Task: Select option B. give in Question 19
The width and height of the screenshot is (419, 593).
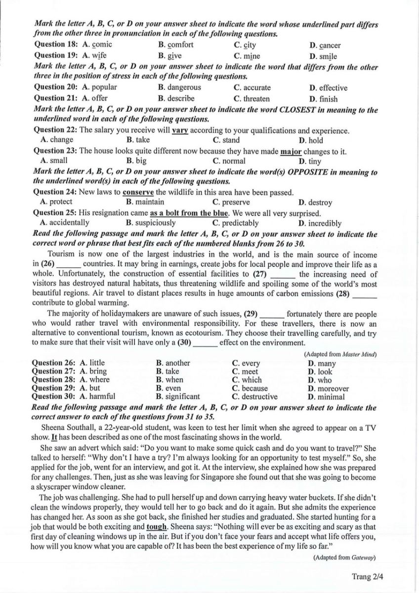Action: (x=170, y=56)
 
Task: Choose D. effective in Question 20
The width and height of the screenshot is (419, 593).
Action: (x=329, y=88)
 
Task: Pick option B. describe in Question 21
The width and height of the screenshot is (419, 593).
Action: (x=176, y=98)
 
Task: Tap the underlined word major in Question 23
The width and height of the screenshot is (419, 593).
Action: (x=291, y=151)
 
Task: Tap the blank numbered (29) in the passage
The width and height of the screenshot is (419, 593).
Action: (x=271, y=313)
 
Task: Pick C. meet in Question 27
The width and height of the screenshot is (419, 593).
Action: (x=245, y=372)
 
